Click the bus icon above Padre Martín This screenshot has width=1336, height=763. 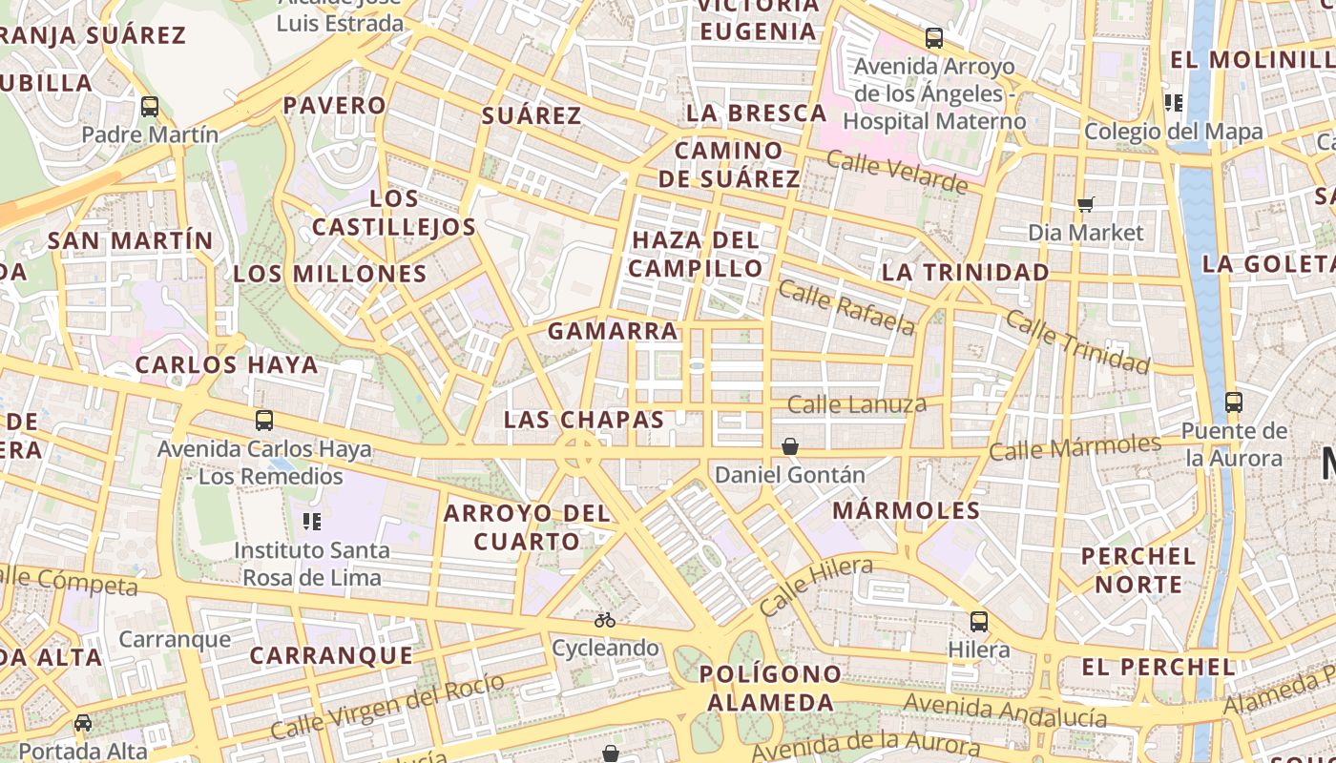click(150, 106)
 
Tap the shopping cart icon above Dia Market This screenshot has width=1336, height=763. click(1085, 203)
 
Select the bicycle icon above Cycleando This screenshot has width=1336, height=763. click(605, 620)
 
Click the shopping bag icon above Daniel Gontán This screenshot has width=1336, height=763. click(790, 445)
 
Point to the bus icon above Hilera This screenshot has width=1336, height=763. click(979, 622)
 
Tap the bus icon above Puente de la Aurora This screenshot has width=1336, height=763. click(1234, 402)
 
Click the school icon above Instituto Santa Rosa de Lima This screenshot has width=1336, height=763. click(311, 521)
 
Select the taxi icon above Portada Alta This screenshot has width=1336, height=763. click(83, 723)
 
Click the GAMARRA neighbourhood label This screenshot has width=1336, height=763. click(613, 331)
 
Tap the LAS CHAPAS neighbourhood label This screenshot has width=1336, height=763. click(584, 420)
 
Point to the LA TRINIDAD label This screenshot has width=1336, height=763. click(965, 272)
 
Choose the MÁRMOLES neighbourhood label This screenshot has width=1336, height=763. click(907, 510)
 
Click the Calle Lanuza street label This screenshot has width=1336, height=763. click(857, 404)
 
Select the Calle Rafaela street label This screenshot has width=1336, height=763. click(846, 307)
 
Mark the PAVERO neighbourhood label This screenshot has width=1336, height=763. click(334, 105)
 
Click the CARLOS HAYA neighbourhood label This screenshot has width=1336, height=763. click(226, 364)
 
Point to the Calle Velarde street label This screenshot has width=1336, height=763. click(897, 171)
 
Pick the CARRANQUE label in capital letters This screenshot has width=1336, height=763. click(331, 655)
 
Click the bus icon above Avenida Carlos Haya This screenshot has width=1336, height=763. click(264, 420)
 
